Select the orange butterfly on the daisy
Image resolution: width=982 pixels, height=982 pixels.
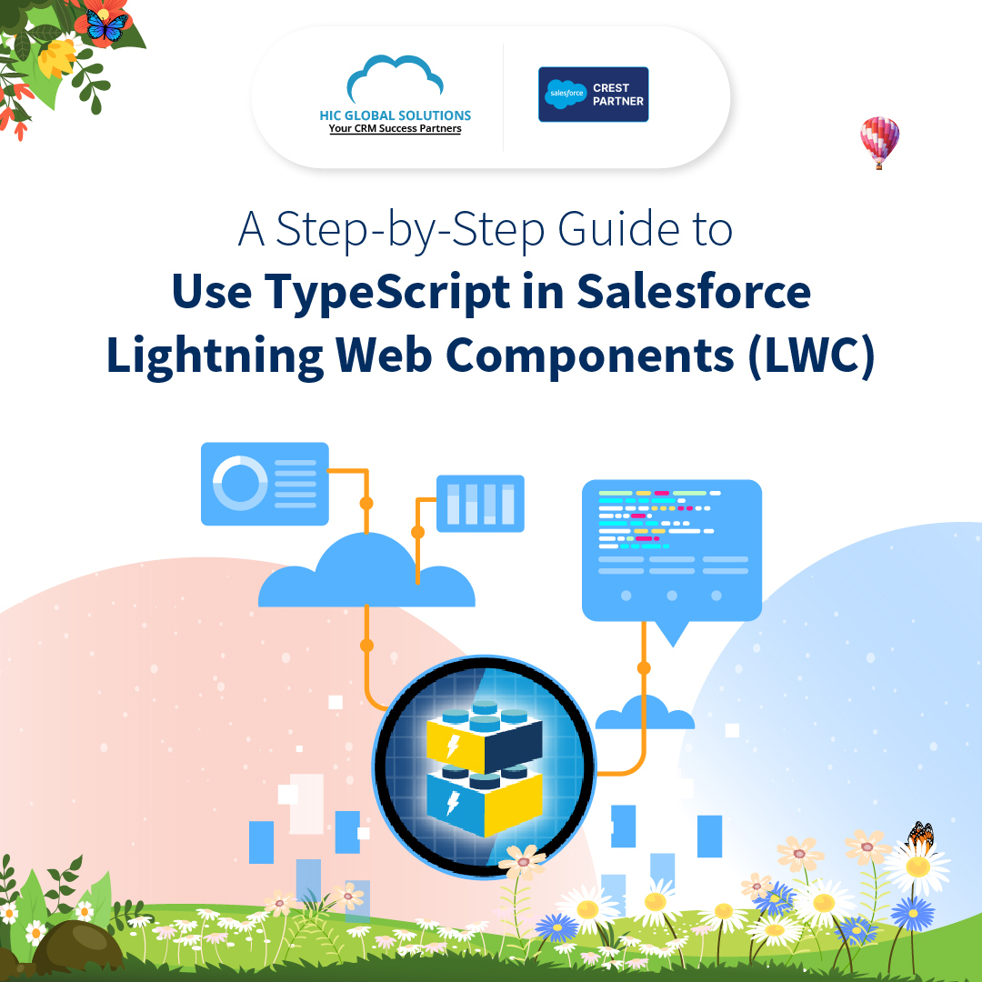pyautogui.click(x=920, y=836)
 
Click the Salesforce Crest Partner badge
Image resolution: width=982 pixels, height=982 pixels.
pyautogui.click(x=593, y=95)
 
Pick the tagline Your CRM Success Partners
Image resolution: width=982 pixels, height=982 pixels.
pyautogui.click(x=395, y=129)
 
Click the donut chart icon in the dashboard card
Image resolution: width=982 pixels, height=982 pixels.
pyautogui.click(x=240, y=484)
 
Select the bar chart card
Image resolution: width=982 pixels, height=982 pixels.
pyautogui.click(x=480, y=503)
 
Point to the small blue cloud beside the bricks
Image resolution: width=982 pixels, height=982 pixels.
pyautogui.click(x=645, y=715)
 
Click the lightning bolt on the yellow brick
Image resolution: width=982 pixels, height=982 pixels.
pyautogui.click(x=452, y=746)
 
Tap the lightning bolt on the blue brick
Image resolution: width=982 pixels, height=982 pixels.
pyautogui.click(x=452, y=803)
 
